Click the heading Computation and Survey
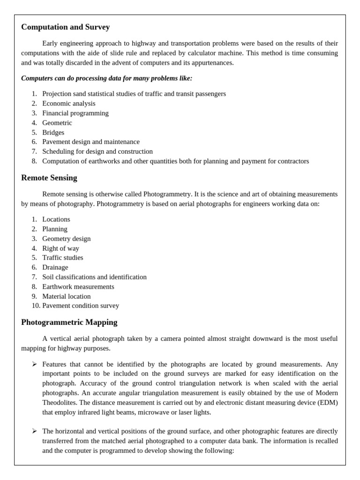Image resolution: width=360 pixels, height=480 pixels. (x=65, y=27)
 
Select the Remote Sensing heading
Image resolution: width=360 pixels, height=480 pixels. (x=49, y=178)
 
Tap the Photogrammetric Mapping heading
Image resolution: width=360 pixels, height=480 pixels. (x=69, y=322)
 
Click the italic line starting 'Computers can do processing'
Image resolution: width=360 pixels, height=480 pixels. (x=106, y=78)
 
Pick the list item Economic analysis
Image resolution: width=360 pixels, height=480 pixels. (x=68, y=103)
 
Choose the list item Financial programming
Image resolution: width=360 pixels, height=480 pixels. (x=75, y=113)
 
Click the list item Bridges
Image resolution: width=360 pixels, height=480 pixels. (x=53, y=132)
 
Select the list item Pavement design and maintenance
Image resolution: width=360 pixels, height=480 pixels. (x=90, y=142)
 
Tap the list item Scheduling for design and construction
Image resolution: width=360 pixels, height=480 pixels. (x=97, y=151)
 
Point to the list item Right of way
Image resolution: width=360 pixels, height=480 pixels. (x=60, y=248)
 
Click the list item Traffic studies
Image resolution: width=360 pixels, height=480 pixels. (x=62, y=258)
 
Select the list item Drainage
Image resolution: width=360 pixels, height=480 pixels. (x=55, y=268)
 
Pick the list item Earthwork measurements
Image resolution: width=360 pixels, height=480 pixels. (x=78, y=287)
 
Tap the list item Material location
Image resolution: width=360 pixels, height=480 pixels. (x=66, y=296)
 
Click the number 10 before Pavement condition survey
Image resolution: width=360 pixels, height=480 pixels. (x=35, y=306)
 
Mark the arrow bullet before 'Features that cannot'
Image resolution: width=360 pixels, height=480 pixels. (x=35, y=364)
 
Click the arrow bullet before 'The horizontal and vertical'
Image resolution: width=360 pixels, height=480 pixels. (x=35, y=431)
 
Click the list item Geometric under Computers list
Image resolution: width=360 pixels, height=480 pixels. (x=57, y=123)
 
